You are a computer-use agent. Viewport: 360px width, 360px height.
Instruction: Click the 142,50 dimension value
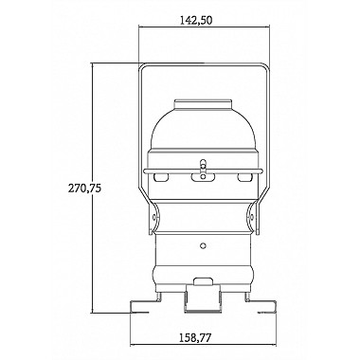tap(196, 20)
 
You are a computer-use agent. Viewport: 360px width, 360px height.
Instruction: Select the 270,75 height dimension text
tap(84, 189)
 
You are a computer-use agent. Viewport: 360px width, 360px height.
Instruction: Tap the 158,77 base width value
tap(195, 338)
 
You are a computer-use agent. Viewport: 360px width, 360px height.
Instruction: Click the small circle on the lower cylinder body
tap(204, 245)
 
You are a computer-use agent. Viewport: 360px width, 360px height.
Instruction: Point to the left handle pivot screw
tap(154, 217)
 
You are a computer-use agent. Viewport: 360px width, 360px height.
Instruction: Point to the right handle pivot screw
tap(252, 217)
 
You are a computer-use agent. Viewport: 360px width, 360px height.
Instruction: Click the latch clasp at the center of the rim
tap(203, 171)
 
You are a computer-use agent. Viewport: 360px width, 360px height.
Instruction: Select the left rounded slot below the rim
tap(161, 177)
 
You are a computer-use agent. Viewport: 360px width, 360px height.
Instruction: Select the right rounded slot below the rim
tap(244, 177)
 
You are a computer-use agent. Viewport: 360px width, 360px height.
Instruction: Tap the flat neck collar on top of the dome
tap(203, 105)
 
